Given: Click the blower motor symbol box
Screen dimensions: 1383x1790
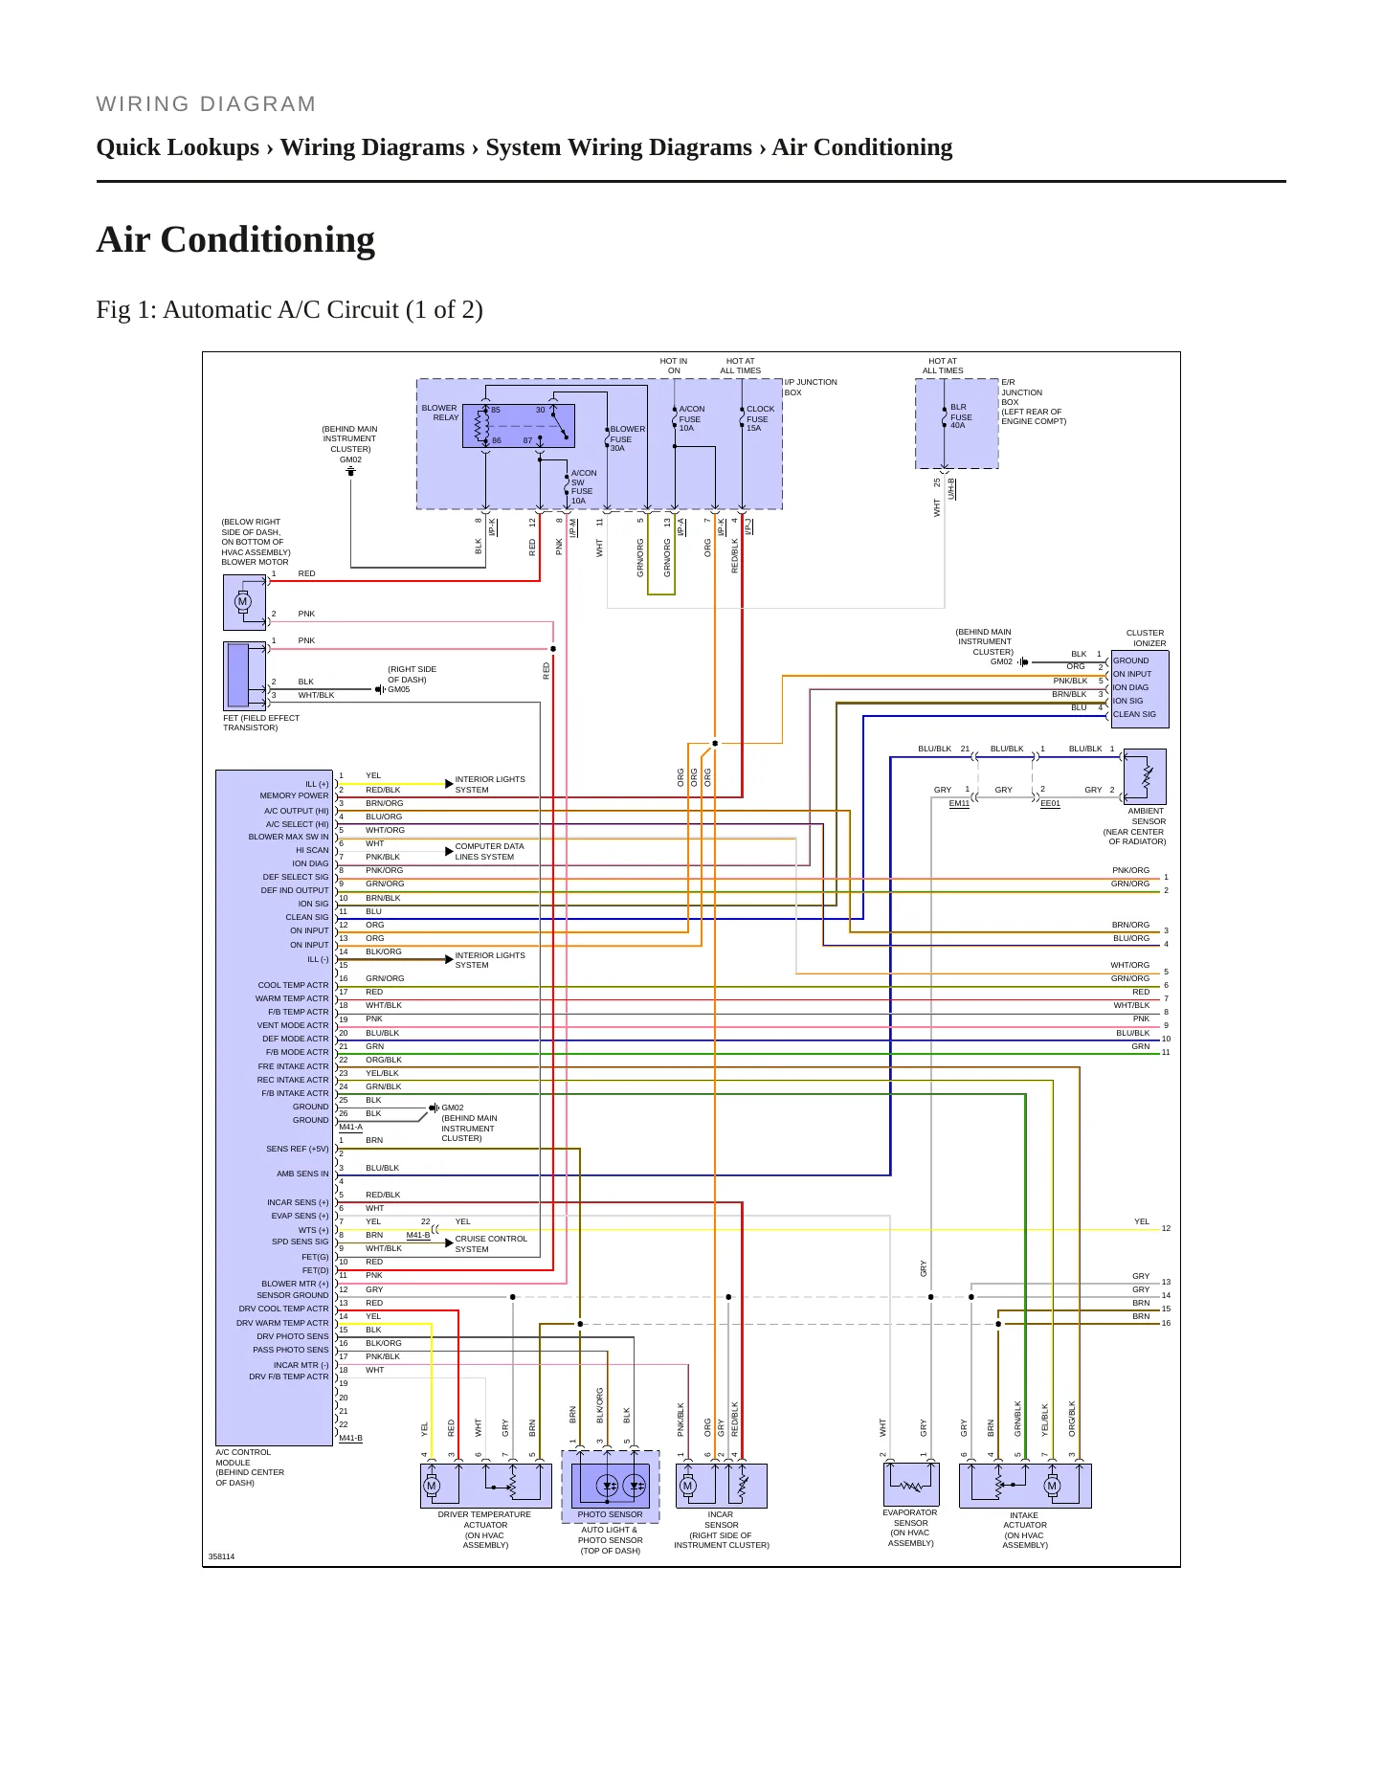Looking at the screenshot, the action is [x=244, y=602].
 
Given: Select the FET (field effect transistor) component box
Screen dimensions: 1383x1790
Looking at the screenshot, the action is [x=244, y=676].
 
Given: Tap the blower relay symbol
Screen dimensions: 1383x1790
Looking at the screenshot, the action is [x=519, y=426].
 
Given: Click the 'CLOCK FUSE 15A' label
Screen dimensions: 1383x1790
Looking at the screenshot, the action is [x=760, y=418].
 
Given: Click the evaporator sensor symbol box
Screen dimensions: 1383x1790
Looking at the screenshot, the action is [x=910, y=1484].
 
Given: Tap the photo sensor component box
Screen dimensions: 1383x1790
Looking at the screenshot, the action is [x=610, y=1487].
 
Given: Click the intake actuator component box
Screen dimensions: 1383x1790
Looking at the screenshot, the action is [x=1025, y=1486].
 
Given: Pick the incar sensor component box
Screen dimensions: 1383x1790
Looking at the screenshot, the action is [x=721, y=1486].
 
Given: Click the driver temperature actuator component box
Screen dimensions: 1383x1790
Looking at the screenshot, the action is [x=486, y=1486].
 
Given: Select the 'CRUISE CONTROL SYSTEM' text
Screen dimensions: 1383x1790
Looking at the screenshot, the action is [x=491, y=1243].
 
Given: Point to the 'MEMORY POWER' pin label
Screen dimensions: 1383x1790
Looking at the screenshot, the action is [x=294, y=795].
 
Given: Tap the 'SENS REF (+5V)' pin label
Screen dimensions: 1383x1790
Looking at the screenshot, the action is [x=297, y=1149].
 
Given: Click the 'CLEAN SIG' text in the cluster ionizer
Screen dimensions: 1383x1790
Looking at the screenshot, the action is [x=1134, y=714].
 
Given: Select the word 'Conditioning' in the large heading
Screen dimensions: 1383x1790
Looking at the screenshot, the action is [x=268, y=239].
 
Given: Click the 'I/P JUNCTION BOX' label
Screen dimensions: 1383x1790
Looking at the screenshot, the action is [x=811, y=387].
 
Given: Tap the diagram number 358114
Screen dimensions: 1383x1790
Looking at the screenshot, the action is [x=221, y=1556].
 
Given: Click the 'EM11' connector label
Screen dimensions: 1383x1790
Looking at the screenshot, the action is [x=959, y=803].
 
